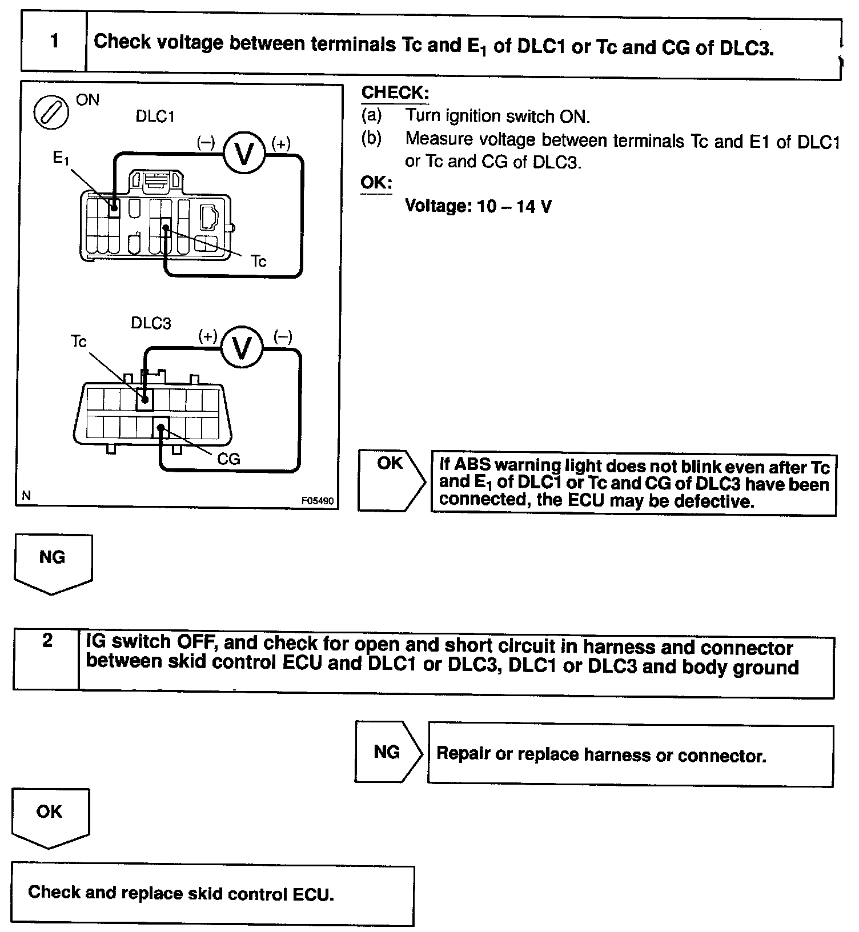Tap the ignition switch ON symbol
click(x=51, y=113)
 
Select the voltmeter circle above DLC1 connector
click(x=244, y=153)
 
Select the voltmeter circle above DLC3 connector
click(x=242, y=348)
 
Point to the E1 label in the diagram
click(x=61, y=158)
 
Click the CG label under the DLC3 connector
click(x=228, y=459)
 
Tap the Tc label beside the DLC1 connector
click(x=258, y=262)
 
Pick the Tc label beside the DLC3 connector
click(x=78, y=342)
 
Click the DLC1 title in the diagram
click(x=155, y=116)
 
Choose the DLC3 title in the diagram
click(x=151, y=323)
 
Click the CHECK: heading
click(x=395, y=93)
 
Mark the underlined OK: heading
click(x=376, y=183)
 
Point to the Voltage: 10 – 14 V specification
click(x=478, y=206)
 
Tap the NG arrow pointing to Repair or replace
click(x=387, y=752)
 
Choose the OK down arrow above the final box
click(x=50, y=815)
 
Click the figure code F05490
click(x=318, y=501)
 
